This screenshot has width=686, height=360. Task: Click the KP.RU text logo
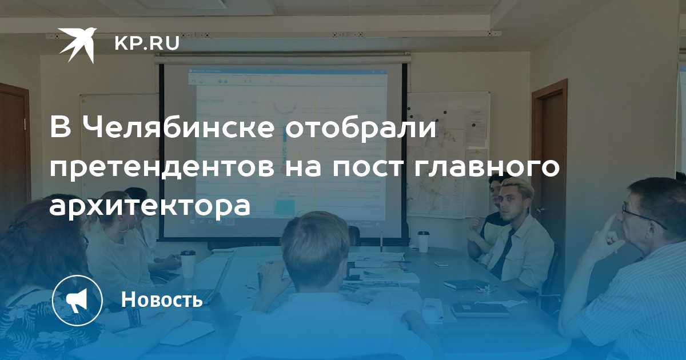pos(147,43)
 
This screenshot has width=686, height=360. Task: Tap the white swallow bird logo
pos(77,45)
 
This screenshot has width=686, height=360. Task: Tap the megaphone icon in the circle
pos(77,301)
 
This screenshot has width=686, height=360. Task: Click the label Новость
pos(162,299)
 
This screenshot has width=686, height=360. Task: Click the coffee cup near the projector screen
pos(423,242)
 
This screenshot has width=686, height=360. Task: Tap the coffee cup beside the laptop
pos(188,264)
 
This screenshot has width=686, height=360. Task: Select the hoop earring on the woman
pos(125,227)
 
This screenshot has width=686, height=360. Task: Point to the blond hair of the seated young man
pos(517,185)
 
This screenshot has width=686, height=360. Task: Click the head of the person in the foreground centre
pos(315,248)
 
